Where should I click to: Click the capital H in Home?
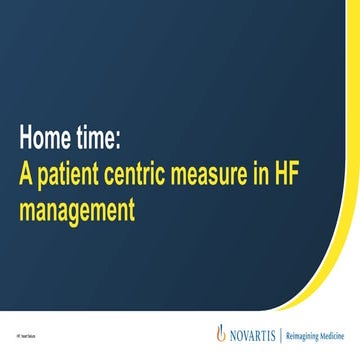coord(26,137)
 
